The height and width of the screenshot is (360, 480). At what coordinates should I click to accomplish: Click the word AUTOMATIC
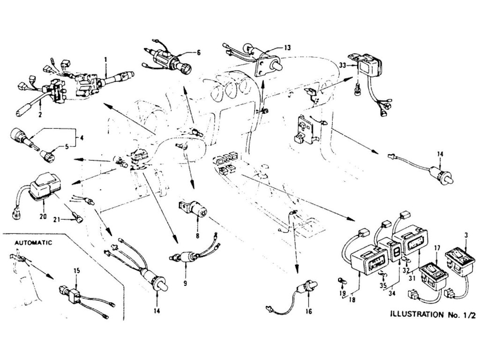[x=33, y=243]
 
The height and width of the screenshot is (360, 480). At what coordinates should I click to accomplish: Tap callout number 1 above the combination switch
[x=106, y=60]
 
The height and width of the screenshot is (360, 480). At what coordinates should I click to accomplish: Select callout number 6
[x=198, y=53]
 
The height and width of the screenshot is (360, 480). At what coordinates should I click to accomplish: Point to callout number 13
[x=287, y=47]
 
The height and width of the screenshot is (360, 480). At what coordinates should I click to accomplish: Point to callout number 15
[x=77, y=271]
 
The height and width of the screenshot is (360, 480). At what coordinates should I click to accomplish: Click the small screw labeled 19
[x=340, y=281]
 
